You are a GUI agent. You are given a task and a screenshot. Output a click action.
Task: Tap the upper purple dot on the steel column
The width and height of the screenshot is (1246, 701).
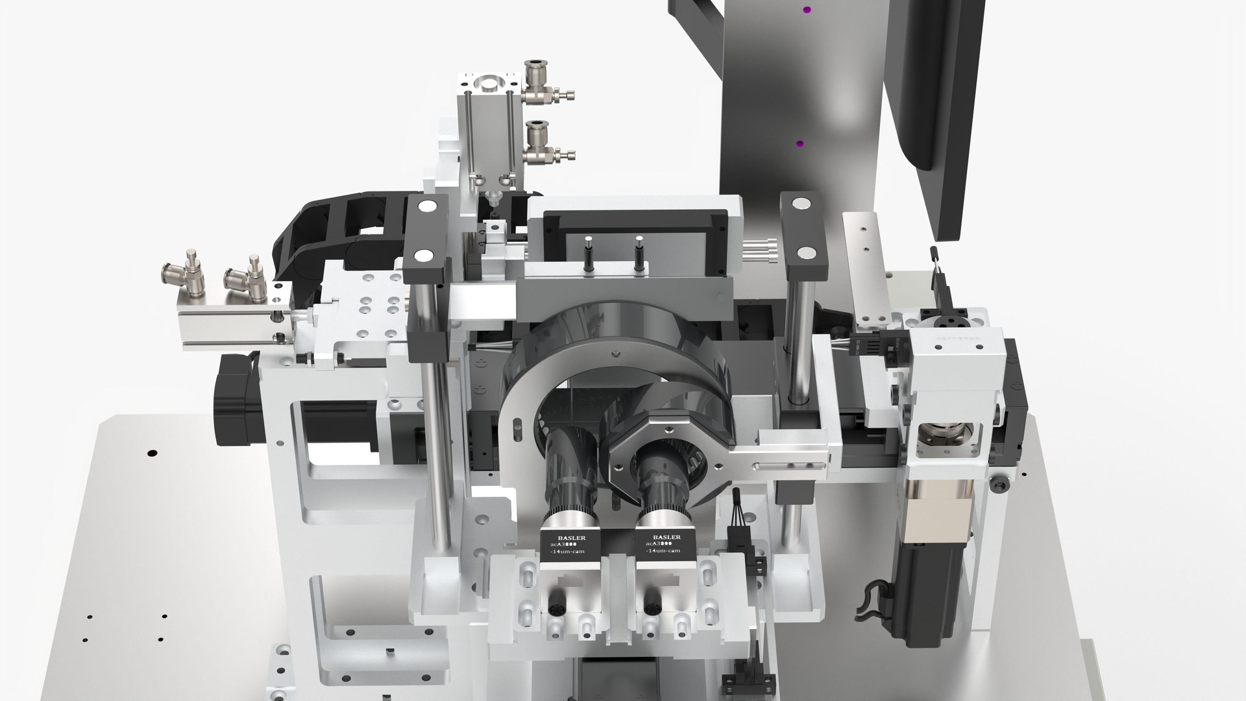[x=807, y=10]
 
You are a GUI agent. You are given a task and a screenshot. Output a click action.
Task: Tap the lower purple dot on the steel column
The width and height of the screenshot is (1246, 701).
[x=800, y=143]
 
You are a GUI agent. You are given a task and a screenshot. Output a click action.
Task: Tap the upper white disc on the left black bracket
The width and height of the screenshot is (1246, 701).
[x=428, y=207]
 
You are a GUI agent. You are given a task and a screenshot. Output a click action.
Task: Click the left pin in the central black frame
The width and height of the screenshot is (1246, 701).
[x=588, y=252]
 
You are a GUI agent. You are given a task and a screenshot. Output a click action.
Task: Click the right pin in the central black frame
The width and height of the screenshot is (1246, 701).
[x=639, y=252]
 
